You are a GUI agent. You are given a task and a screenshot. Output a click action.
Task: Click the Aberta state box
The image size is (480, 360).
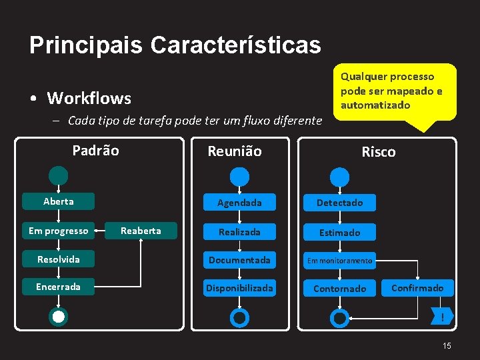[59, 201]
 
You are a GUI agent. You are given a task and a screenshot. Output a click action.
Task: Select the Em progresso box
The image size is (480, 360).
[58, 231]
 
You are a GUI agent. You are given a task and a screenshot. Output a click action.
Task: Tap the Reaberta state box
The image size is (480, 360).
[141, 231]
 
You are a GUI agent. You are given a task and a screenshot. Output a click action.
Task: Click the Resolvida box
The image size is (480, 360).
[58, 259]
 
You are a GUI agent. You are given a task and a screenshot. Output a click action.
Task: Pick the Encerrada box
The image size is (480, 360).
[58, 287]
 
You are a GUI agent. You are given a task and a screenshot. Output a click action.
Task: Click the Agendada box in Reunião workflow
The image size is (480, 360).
[239, 203]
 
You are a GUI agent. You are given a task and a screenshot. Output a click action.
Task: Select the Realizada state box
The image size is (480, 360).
[239, 232]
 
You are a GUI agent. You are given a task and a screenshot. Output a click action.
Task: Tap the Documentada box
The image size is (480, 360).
[239, 260]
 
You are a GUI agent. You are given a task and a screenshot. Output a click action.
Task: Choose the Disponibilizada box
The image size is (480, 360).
[239, 288]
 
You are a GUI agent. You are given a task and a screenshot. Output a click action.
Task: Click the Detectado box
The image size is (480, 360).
[339, 203]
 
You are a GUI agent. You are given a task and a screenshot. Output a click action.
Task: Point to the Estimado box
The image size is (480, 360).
[339, 233]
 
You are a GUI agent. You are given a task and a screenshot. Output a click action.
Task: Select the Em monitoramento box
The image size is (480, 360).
[339, 261]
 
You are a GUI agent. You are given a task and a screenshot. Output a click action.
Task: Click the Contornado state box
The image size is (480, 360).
[339, 289]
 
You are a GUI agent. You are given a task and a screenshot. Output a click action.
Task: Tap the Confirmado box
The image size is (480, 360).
[417, 288]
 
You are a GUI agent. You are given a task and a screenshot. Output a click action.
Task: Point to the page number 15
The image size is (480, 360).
[447, 345]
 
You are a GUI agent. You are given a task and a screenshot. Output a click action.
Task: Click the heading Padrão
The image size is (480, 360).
[95, 151]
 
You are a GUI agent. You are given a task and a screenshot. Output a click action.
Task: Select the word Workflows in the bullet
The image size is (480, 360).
[89, 99]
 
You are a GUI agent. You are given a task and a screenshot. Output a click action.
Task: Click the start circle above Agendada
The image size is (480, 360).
[239, 177]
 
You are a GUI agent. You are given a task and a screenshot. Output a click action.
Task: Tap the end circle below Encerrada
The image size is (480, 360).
[59, 317]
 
